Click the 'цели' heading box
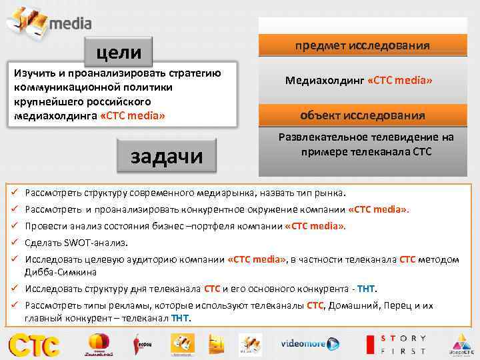(x=119, y=51)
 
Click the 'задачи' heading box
(x=167, y=155)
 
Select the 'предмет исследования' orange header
(x=363, y=45)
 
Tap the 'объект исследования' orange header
(x=363, y=115)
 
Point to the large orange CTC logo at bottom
(x=34, y=344)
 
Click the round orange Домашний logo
(x=99, y=344)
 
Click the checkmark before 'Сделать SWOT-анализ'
(x=13, y=243)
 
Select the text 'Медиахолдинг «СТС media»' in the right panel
(x=359, y=81)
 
